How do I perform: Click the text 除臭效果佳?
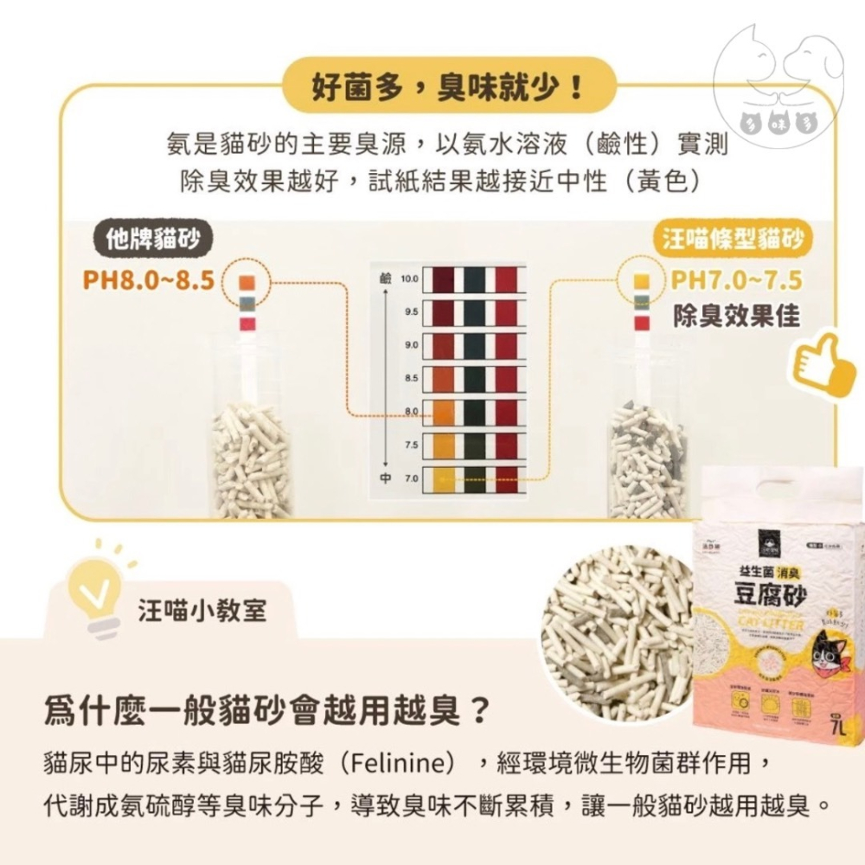(x=736, y=316)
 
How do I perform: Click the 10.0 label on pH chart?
(x=410, y=279)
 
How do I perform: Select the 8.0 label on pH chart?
(x=410, y=410)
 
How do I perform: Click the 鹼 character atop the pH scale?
(x=385, y=279)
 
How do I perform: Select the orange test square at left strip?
(x=246, y=282)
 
